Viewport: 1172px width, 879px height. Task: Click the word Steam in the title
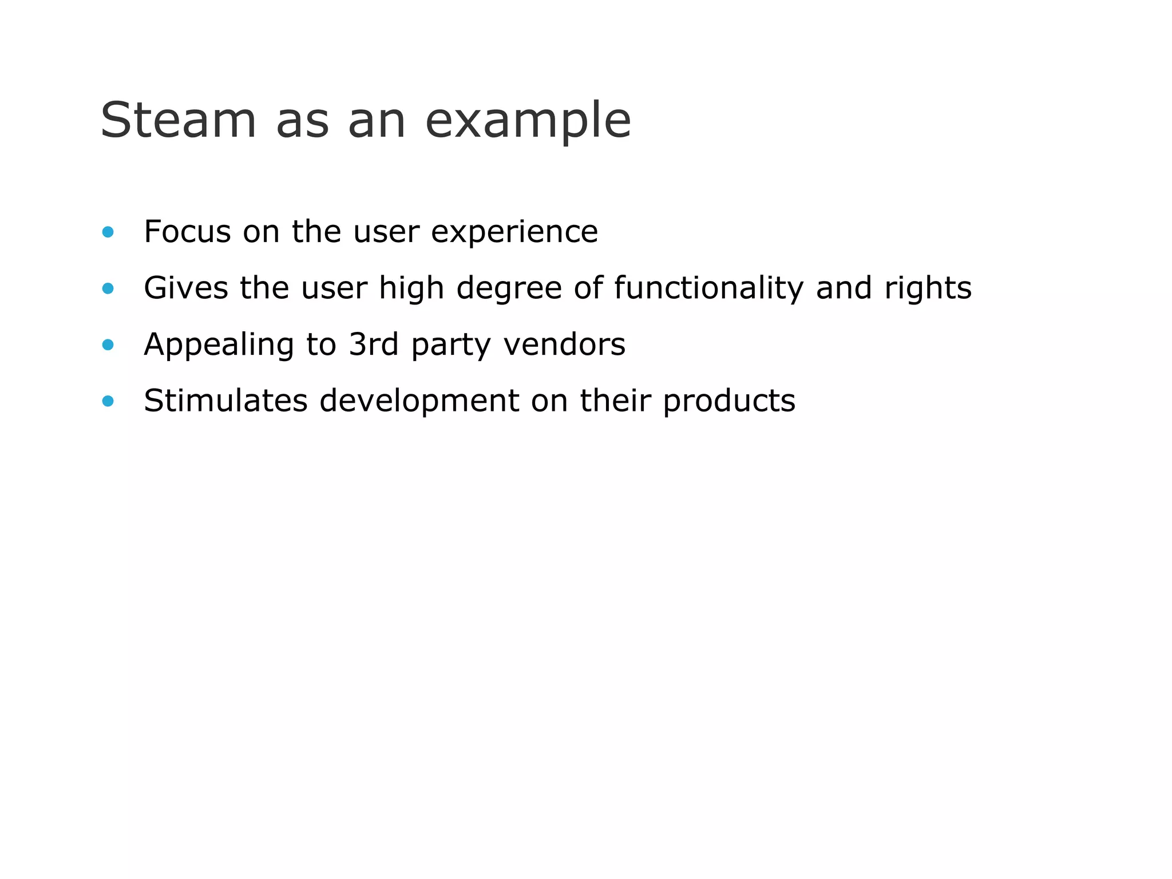pyautogui.click(x=178, y=120)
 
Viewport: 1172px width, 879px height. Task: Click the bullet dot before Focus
pyautogui.click(x=108, y=232)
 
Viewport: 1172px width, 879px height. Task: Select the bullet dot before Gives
pyautogui.click(x=108, y=288)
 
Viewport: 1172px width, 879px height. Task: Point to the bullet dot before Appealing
pyautogui.click(x=108, y=345)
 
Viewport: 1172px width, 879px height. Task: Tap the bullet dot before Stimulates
pyautogui.click(x=108, y=401)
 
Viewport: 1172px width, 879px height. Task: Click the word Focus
pyautogui.click(x=187, y=232)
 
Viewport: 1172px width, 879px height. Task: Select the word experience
pyautogui.click(x=514, y=233)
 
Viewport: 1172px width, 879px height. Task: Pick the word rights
pyautogui.click(x=928, y=289)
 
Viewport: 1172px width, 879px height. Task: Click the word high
pyautogui.click(x=411, y=289)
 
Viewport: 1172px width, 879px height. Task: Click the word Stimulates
pyautogui.click(x=225, y=401)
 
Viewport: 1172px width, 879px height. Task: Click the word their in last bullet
pyautogui.click(x=615, y=401)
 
